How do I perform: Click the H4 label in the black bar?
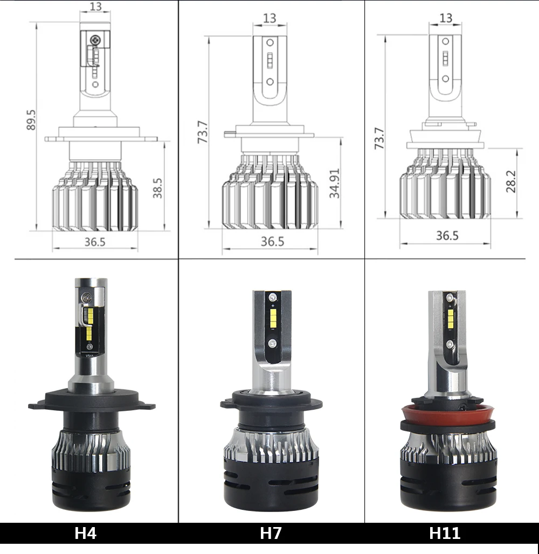[x=85, y=533]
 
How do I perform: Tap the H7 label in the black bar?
[x=271, y=533]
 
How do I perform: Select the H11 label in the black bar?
[x=445, y=533]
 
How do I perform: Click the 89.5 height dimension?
[x=31, y=120]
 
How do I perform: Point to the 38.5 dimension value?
[x=157, y=188]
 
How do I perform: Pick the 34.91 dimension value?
[x=334, y=183]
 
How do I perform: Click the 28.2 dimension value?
[x=511, y=181]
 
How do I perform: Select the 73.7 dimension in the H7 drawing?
[x=202, y=132]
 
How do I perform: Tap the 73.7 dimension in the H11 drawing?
[x=379, y=138]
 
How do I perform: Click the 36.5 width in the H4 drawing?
[x=95, y=242]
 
